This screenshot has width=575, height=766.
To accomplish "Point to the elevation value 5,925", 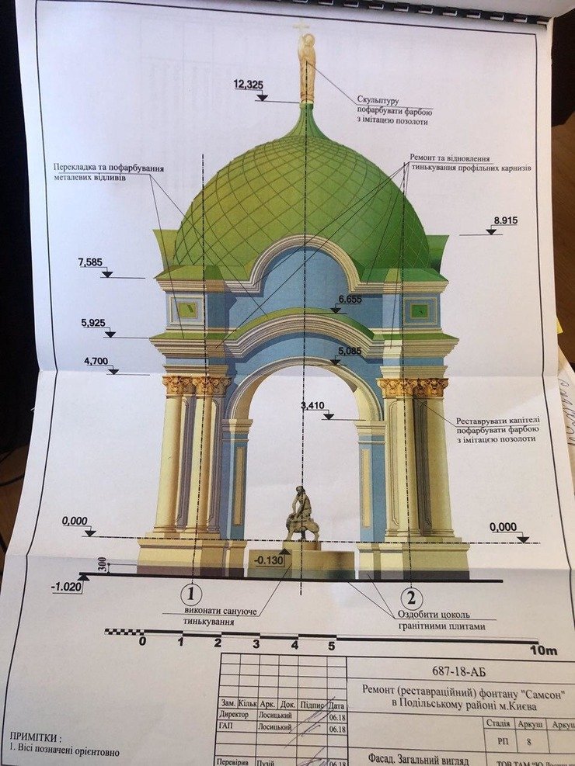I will (92, 323).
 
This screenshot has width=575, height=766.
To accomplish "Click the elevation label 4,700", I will (96, 361).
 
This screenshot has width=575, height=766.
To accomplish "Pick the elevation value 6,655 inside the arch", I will (351, 299).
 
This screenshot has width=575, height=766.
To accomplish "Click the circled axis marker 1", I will (191, 595).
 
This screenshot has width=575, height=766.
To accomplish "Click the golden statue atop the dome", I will (307, 66).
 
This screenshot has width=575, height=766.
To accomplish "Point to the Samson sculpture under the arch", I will (301, 515).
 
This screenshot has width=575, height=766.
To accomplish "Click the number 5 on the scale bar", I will (332, 645).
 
